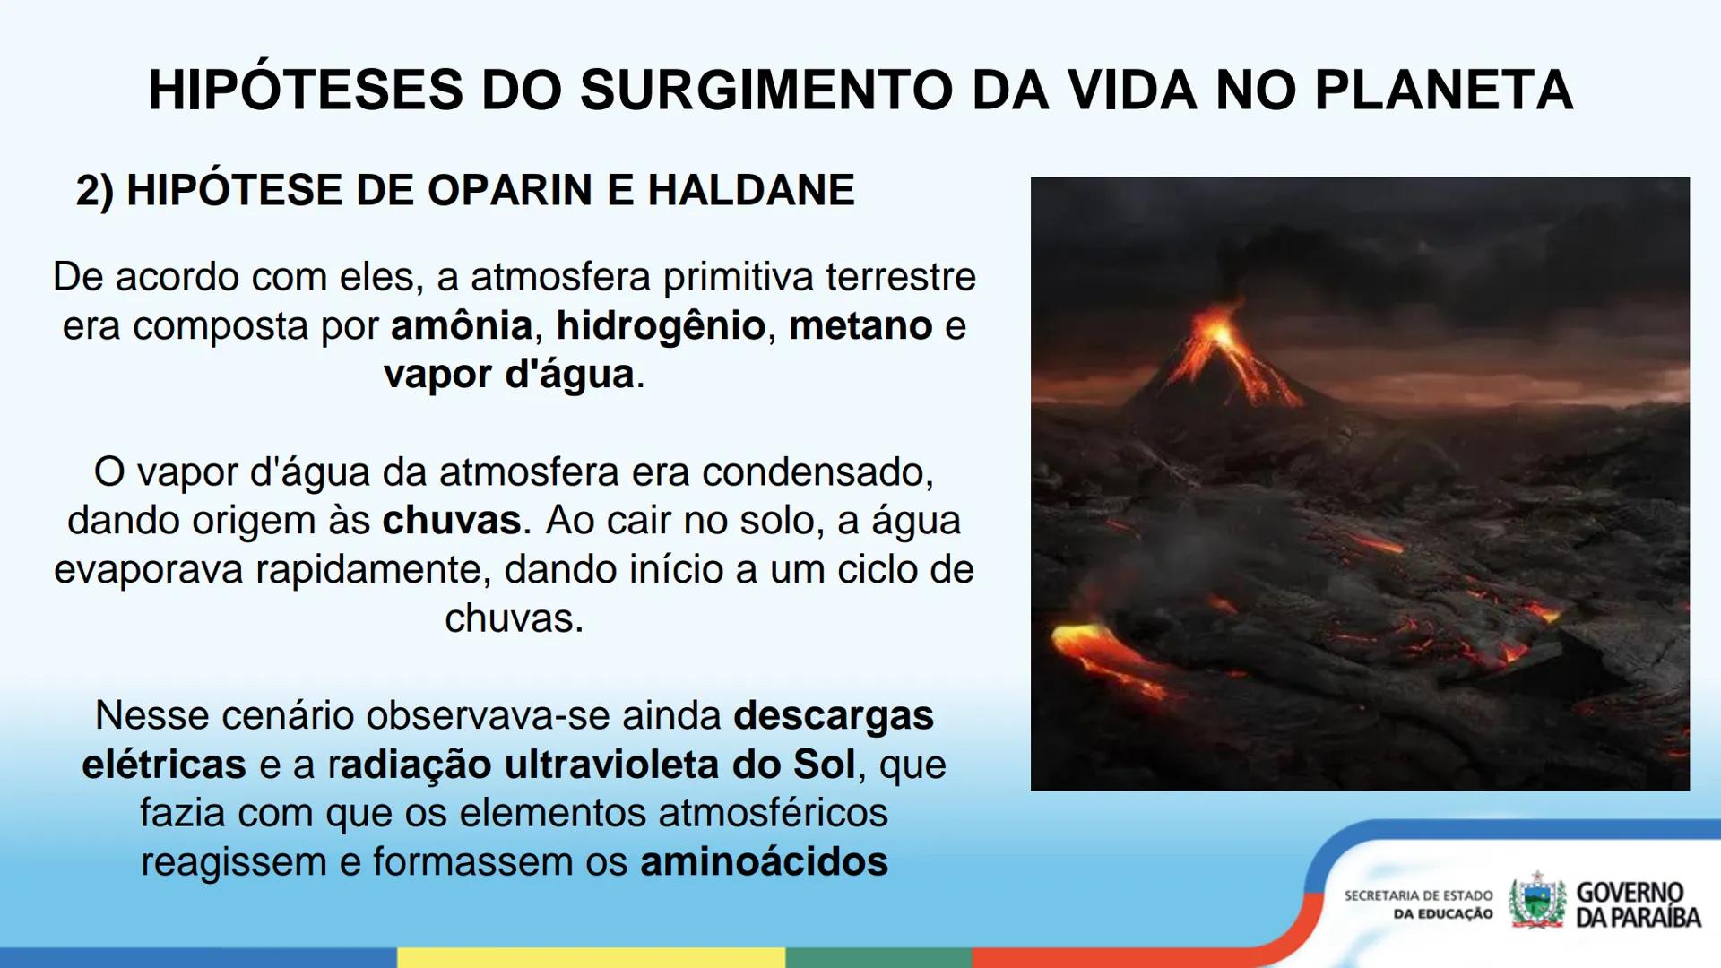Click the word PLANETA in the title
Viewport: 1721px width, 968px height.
[1443, 90]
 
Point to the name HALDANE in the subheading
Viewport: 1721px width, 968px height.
[751, 190]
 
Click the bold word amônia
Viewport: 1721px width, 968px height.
[462, 325]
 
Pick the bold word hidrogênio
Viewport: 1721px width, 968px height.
[661, 325]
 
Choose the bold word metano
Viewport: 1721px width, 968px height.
[860, 325]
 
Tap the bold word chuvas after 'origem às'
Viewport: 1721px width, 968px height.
[452, 521]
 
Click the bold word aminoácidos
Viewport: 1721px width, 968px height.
[764, 862]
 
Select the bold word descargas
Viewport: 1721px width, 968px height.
[834, 716]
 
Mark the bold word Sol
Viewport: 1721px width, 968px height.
[824, 765]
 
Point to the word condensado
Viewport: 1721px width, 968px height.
[817, 472]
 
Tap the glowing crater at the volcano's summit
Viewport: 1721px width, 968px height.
[1219, 333]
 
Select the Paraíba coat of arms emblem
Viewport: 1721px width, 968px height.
[1537, 901]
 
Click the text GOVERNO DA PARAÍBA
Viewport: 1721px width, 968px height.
[1638, 904]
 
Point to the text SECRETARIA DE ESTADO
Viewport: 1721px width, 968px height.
[1418, 895]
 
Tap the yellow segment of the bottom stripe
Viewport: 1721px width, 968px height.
[591, 957]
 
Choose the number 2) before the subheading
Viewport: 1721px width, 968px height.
[95, 191]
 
